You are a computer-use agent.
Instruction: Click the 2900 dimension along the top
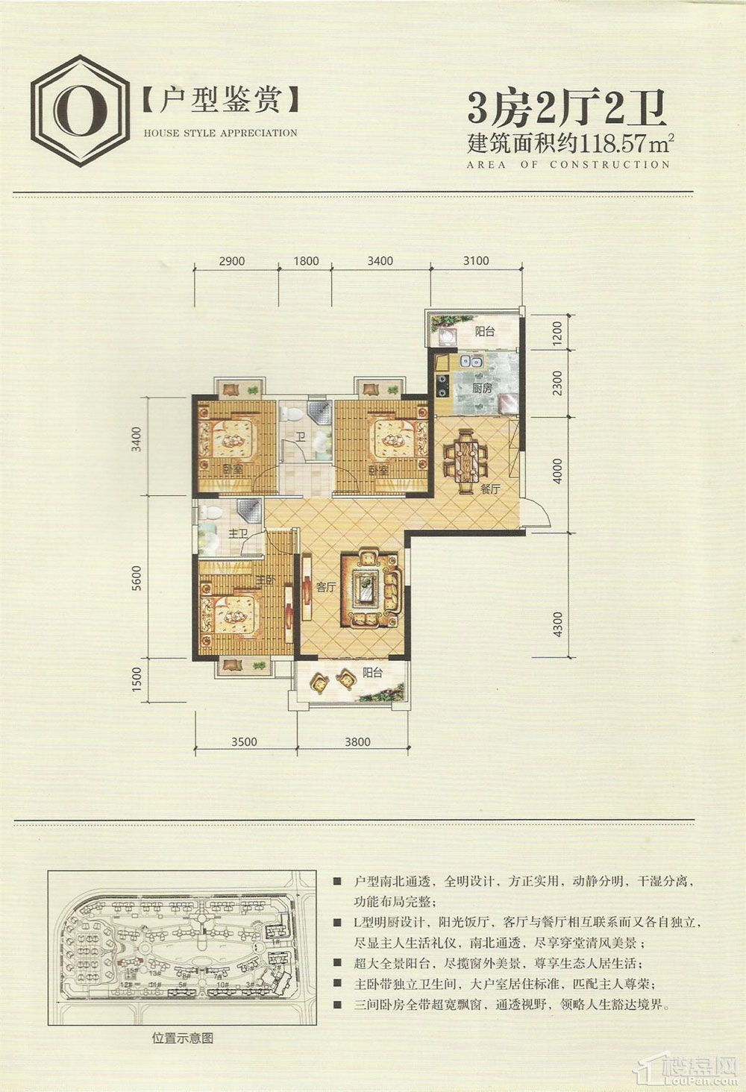(232, 261)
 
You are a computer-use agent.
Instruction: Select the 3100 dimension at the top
(476, 260)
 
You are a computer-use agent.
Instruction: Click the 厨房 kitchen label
(482, 389)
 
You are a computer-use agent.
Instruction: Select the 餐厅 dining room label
(489, 490)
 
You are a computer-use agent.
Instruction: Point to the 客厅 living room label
(326, 588)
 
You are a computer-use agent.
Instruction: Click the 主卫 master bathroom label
(238, 534)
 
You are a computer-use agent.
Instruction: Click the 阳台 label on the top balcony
(485, 331)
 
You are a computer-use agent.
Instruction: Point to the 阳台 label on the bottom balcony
(373, 672)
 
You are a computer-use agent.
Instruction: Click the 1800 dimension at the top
(306, 261)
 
